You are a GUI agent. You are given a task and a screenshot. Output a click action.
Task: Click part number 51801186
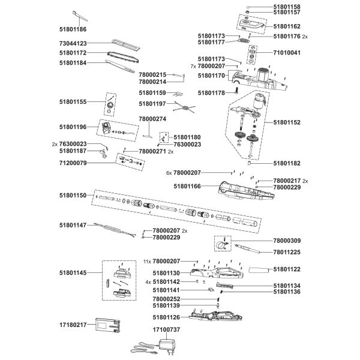73,29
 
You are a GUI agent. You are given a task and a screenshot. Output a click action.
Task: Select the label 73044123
73,43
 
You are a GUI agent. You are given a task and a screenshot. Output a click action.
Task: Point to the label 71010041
287,53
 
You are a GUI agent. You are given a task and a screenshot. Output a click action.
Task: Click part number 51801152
287,122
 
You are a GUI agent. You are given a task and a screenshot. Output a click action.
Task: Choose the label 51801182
287,163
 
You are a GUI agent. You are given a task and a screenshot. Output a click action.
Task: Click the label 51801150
73,196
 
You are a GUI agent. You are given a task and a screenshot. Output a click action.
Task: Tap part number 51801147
73,225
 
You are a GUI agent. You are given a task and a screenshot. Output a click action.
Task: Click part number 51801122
287,270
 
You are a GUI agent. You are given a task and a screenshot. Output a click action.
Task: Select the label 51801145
73,272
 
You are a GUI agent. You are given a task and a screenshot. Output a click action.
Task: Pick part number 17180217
73,325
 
